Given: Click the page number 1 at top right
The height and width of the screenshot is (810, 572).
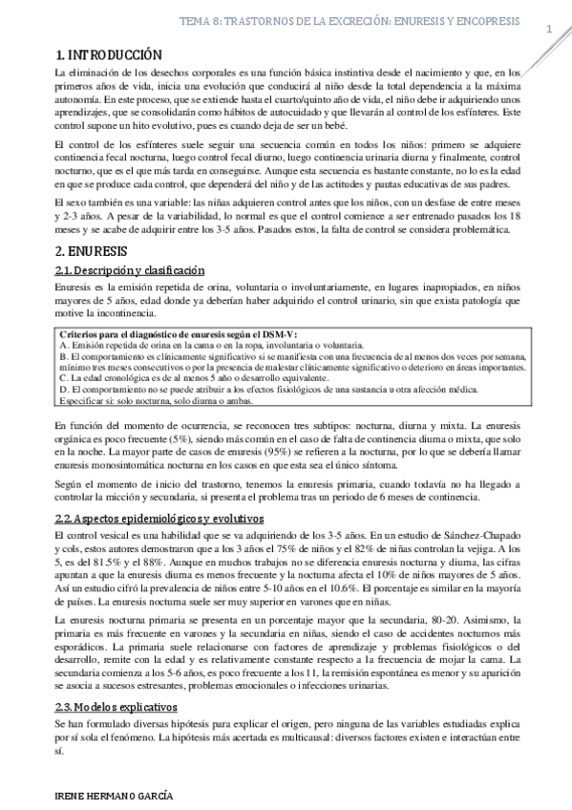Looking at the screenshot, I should click(x=550, y=30).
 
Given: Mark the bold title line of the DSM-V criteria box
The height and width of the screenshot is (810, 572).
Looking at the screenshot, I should click(x=180, y=332).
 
